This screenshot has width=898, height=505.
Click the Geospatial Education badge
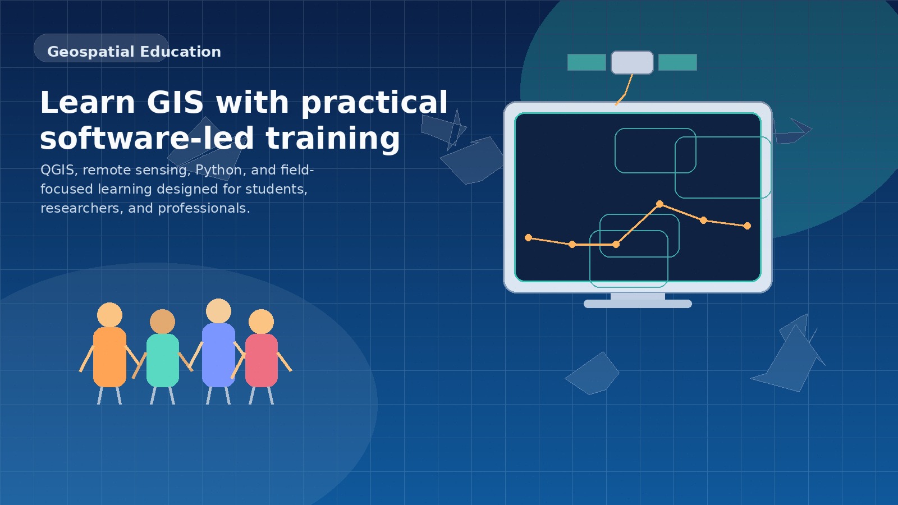102,49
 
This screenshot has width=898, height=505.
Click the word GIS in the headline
175,103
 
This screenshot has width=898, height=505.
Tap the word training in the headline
333,139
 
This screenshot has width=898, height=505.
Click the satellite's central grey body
632,62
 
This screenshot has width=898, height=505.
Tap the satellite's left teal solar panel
587,62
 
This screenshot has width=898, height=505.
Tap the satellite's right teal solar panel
677,62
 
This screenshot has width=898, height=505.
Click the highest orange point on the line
659,204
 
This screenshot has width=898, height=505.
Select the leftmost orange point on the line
528,237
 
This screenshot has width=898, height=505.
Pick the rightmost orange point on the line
747,226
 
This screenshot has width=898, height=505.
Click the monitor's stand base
638,304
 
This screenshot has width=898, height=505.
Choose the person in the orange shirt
109,357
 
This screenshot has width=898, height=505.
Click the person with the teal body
162,360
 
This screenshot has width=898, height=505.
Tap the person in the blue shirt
218,355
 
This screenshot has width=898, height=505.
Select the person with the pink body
262,360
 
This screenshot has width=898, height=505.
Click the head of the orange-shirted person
109,315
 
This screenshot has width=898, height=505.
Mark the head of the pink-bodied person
261,322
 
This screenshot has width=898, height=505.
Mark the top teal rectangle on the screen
655,150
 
